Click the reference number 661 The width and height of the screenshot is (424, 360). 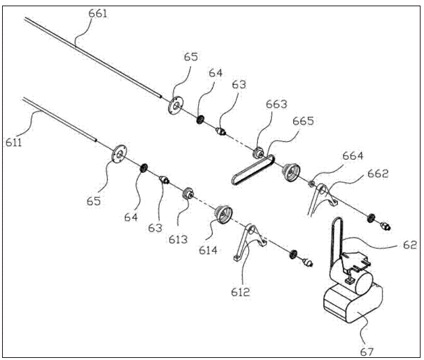(x=98, y=13)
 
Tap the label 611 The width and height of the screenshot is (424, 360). (x=13, y=142)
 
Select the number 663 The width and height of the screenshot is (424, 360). (x=277, y=104)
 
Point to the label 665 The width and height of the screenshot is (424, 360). (x=303, y=121)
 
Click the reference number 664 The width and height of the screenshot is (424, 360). (x=353, y=156)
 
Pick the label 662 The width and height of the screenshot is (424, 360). (x=378, y=173)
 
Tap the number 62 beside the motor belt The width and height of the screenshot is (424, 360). (x=410, y=245)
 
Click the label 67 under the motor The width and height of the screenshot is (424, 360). (x=367, y=352)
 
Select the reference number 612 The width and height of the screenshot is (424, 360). (x=240, y=292)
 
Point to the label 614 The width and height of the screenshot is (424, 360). (x=209, y=250)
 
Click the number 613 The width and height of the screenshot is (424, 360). (x=178, y=239)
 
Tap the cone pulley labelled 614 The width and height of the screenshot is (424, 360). (x=223, y=215)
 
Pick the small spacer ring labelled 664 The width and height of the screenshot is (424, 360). (x=311, y=184)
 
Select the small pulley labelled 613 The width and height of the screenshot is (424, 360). (x=188, y=193)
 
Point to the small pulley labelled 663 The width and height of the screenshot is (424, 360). (x=258, y=153)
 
